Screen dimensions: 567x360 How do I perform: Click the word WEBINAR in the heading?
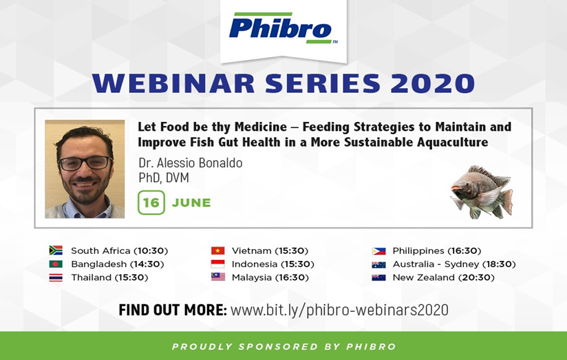point(173,83)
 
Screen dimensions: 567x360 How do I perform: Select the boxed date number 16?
point(151,202)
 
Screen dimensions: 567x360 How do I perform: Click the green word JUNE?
point(191,202)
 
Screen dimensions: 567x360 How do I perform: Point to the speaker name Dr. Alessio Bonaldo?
point(190,163)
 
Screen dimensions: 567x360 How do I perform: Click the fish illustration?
point(482,192)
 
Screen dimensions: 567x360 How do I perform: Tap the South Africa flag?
point(56,251)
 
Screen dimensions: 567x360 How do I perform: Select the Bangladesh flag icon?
point(56,264)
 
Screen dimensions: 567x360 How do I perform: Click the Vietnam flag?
point(217,251)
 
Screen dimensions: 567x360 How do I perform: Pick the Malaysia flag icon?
point(217,277)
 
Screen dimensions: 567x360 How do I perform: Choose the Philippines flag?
point(379,251)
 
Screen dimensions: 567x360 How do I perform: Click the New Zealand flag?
point(379,277)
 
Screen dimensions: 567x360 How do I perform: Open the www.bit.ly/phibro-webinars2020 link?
point(339,310)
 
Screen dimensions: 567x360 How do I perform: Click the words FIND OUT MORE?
point(173,310)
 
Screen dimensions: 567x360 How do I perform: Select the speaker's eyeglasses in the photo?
point(85,163)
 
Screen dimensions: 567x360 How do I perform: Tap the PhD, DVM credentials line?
point(164,178)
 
